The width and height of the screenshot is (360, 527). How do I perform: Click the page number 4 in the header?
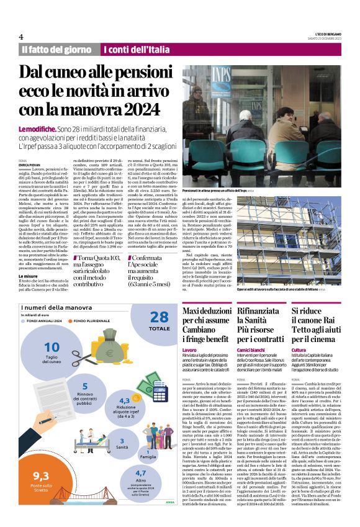[21, 37]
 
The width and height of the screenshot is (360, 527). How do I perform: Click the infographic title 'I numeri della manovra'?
[56, 308]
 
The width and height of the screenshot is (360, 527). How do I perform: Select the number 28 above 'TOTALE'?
[159, 318]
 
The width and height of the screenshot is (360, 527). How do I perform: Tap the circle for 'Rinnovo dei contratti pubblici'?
[84, 390]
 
